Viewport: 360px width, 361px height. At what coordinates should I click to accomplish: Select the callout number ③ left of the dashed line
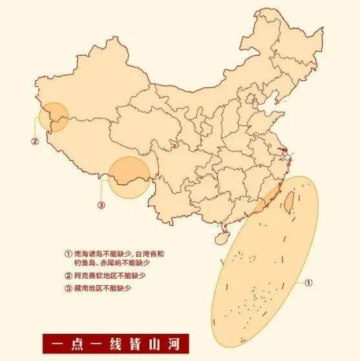click(101, 205)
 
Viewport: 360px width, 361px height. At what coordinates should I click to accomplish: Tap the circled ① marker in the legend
click(69, 254)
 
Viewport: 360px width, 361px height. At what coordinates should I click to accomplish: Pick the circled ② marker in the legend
click(69, 275)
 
